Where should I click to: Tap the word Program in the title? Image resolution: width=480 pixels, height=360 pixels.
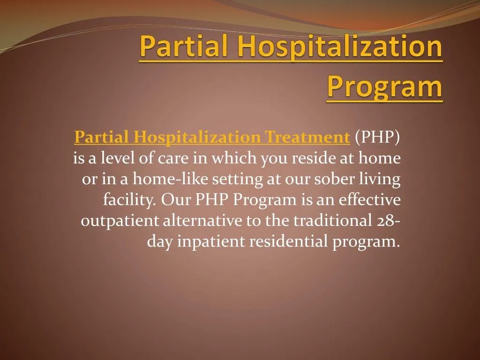(384, 87)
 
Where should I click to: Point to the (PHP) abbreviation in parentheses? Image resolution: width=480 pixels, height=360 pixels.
(377, 137)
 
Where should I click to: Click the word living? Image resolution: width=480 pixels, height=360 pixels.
(384, 179)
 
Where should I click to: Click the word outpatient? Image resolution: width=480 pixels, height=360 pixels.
(120, 221)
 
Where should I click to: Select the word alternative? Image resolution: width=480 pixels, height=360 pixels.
(202, 221)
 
